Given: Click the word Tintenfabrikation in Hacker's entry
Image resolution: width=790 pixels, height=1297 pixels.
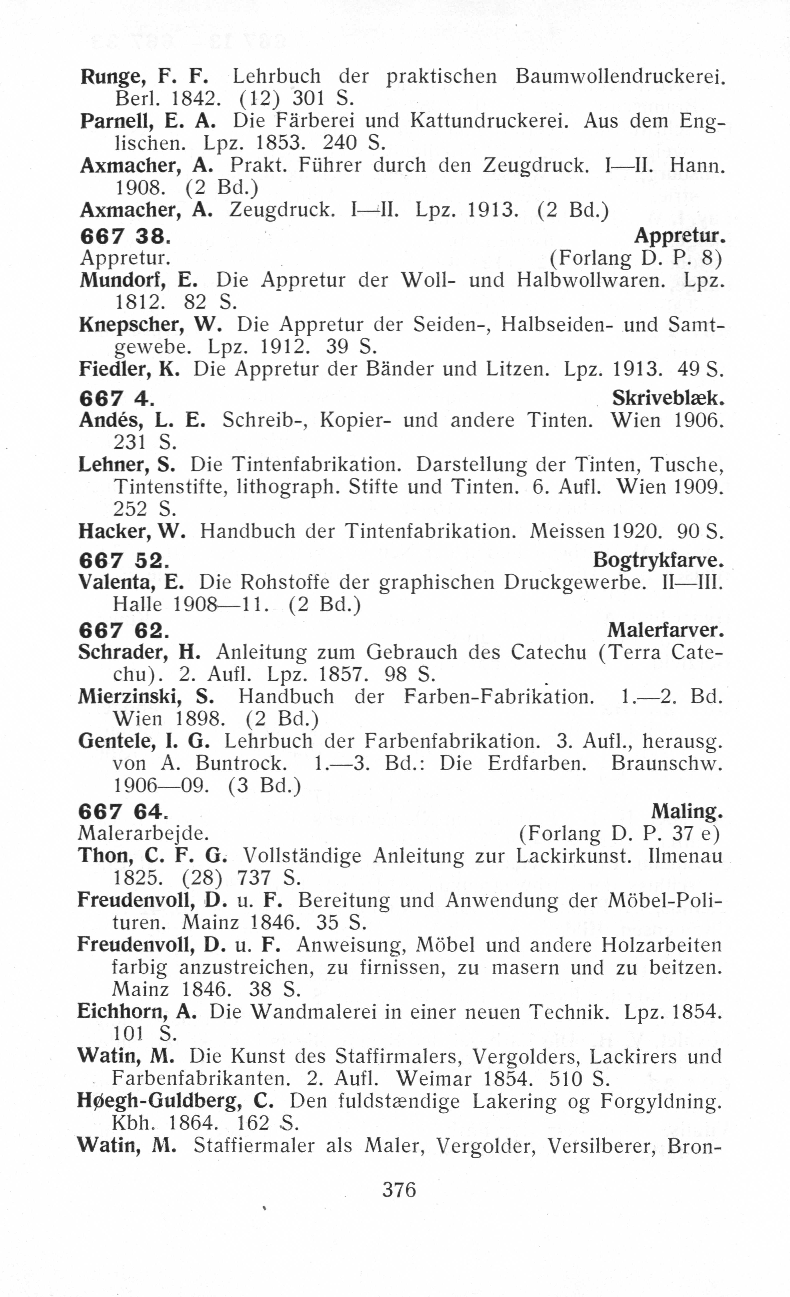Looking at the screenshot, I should point(429,531).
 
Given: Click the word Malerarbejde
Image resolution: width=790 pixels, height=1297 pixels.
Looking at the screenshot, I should point(143,833).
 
